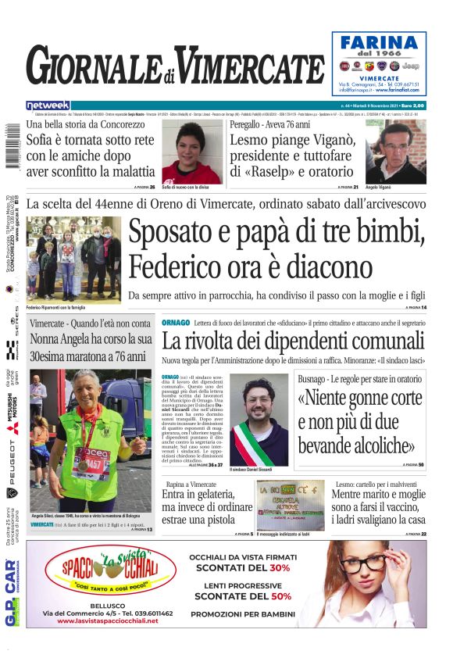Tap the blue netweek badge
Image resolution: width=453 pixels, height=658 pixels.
tap(48, 105)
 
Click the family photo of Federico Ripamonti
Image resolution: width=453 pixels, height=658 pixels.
tap(73, 259)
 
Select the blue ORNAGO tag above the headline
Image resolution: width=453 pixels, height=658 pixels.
tap(175, 323)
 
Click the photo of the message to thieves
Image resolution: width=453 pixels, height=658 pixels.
tap(291, 505)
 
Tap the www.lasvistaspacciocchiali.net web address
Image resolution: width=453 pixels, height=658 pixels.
tap(108, 620)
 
